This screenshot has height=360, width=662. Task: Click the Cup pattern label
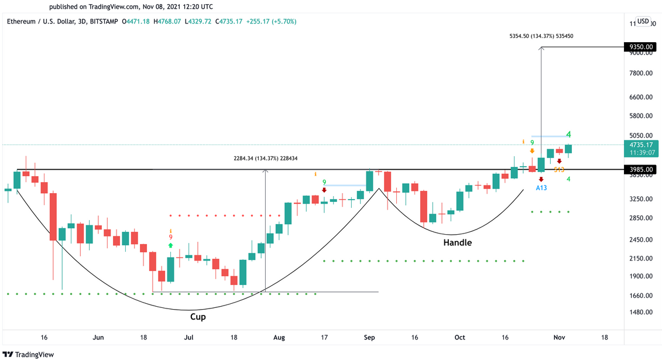(x=198, y=317)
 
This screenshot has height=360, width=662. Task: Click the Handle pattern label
(x=457, y=242)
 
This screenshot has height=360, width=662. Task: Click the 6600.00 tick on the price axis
(x=640, y=97)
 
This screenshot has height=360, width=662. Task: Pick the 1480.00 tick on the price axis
(x=640, y=312)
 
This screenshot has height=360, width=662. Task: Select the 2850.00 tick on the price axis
(x=640, y=218)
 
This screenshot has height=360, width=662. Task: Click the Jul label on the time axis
(x=188, y=337)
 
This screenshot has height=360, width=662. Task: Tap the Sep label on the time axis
(x=369, y=337)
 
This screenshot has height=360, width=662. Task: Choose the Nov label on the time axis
(x=559, y=337)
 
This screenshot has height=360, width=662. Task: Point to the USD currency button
(x=643, y=21)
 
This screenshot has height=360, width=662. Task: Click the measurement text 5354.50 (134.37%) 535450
(x=541, y=36)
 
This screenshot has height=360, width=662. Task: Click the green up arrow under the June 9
(x=171, y=246)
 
